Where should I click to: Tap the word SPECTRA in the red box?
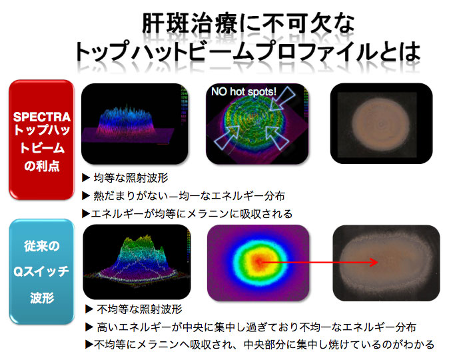point(42,117)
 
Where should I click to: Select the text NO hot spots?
point(244,91)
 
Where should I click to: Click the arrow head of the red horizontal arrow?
point(374,262)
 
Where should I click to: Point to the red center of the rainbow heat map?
point(257,262)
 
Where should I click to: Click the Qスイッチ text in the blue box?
point(41,271)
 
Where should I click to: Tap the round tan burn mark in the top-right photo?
point(381,125)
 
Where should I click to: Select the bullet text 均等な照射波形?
point(131,178)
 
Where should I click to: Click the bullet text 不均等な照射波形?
point(139,309)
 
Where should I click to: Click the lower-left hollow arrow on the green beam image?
point(227,137)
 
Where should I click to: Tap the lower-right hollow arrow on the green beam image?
point(276,137)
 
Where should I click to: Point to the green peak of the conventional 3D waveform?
point(141,243)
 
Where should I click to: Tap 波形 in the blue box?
point(42,297)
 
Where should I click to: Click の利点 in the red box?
point(42,166)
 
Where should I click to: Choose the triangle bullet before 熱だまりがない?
point(86,196)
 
